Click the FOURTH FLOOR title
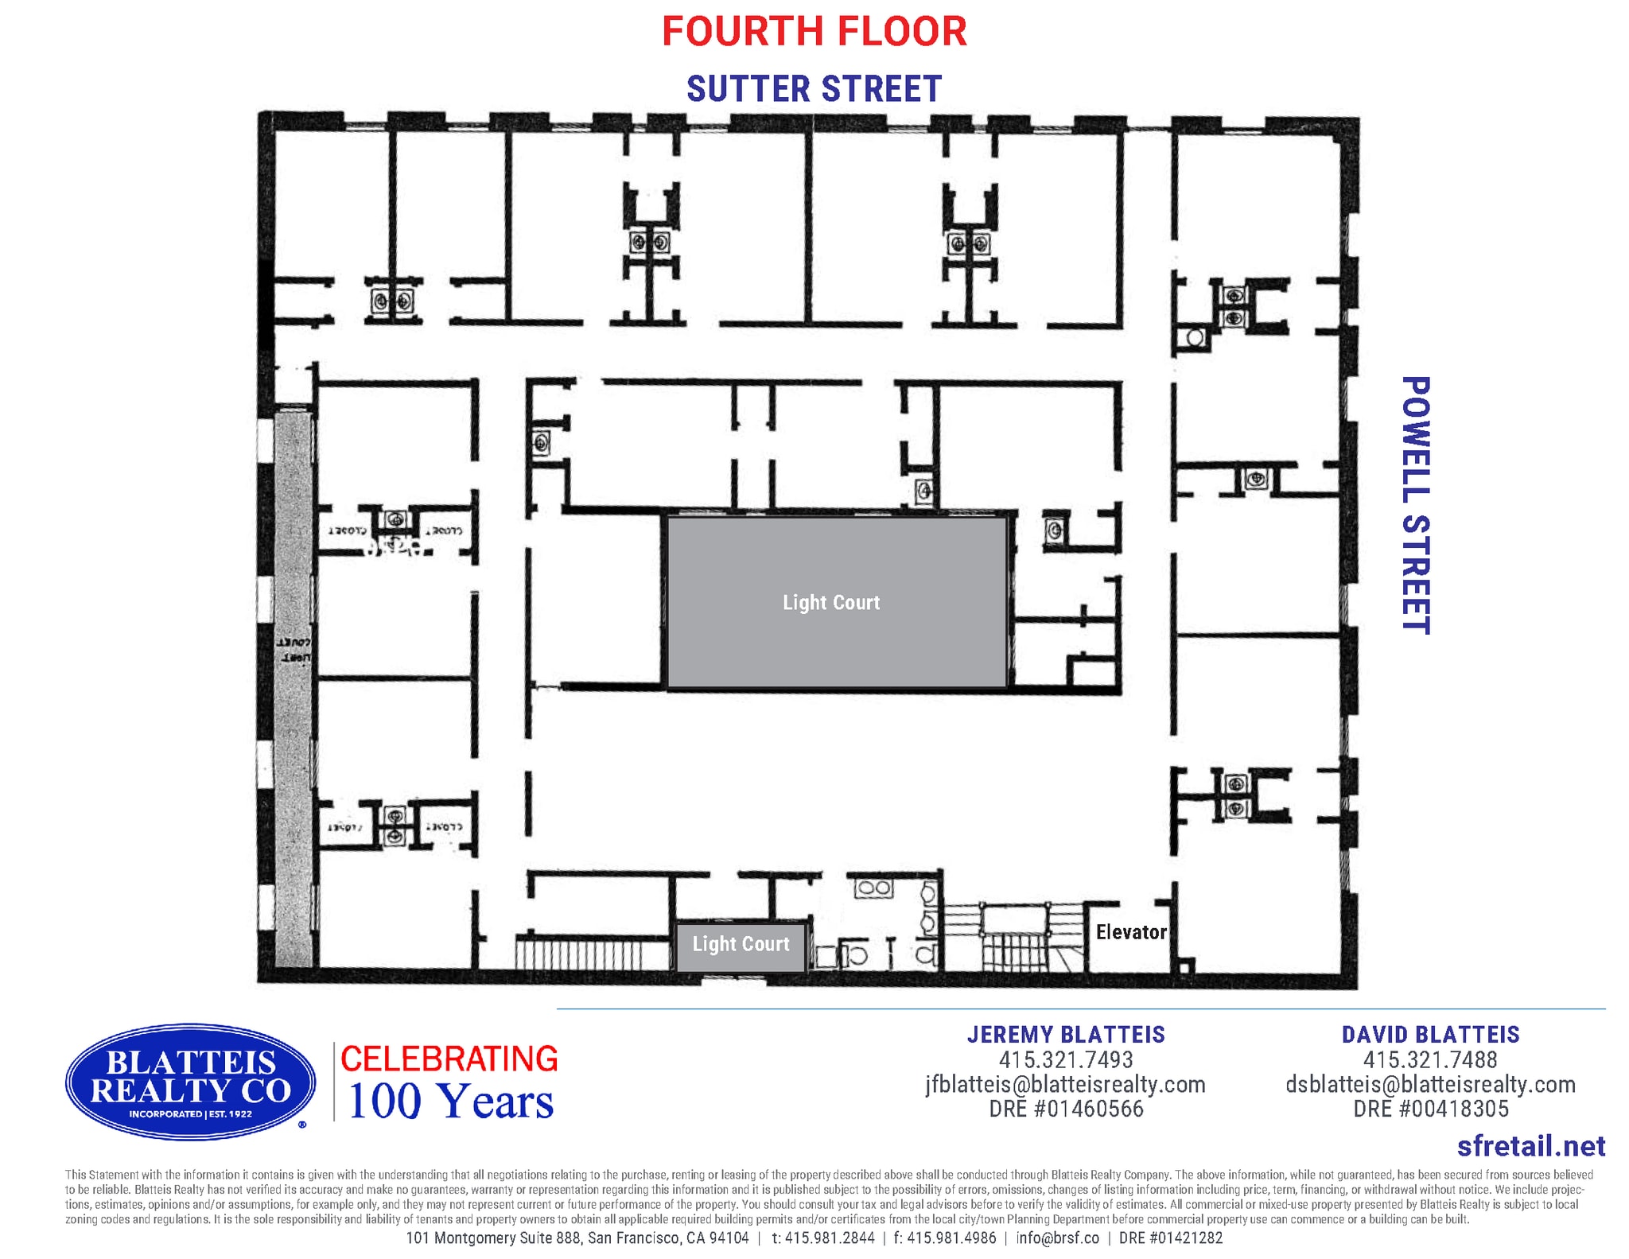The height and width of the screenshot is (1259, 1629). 814,32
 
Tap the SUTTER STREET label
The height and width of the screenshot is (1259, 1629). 814,88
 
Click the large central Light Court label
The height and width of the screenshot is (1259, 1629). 831,602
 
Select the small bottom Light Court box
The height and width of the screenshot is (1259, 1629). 741,944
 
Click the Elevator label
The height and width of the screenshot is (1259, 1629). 1130,932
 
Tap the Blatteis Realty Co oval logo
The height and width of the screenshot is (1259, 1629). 191,1082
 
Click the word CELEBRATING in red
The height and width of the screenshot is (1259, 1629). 449,1059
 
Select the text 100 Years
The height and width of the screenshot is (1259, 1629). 450,1102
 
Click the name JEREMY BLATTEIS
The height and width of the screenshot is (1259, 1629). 1066,1034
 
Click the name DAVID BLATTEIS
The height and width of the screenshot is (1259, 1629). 1430,1034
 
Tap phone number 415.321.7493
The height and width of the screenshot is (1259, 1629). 1066,1059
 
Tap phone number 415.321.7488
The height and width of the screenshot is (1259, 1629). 1430,1059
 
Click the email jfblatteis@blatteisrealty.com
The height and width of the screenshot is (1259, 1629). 1066,1084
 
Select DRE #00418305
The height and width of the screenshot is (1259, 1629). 1430,1109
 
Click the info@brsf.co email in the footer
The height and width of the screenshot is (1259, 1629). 1057,1238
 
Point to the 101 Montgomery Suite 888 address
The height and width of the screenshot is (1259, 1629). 577,1238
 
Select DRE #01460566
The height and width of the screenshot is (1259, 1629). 1066,1109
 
